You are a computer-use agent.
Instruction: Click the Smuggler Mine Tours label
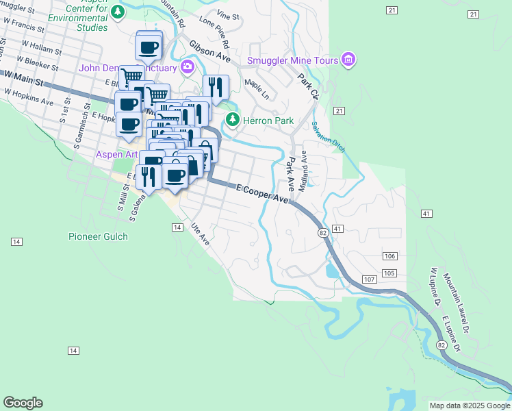click(x=294, y=61)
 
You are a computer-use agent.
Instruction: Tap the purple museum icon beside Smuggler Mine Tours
click(x=348, y=61)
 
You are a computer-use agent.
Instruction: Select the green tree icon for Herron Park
click(x=233, y=121)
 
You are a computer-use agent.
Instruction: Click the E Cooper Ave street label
click(x=263, y=192)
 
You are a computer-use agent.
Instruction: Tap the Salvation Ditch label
click(x=329, y=137)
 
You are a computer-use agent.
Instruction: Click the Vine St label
click(x=227, y=14)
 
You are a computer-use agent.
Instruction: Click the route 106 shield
click(x=390, y=256)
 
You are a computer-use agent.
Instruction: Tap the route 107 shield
click(x=370, y=279)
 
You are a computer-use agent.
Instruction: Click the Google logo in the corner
click(x=23, y=403)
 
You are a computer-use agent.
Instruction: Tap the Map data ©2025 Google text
click(x=469, y=406)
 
